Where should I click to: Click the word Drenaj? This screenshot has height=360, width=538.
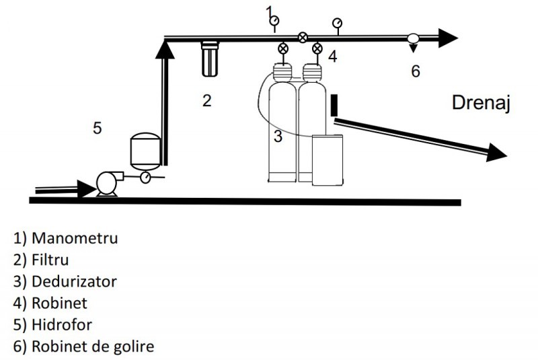tap(482, 104)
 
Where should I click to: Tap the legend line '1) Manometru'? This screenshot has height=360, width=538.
tap(67, 238)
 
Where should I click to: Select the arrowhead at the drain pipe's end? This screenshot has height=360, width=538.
tap(494, 153)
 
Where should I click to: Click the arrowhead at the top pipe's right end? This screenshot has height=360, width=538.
tap(447, 38)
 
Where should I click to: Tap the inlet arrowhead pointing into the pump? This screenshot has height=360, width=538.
tap(86, 188)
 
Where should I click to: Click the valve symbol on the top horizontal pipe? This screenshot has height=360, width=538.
tap(303, 38)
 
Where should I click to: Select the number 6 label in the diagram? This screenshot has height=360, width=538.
tap(415, 71)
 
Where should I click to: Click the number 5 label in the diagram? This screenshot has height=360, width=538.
tap(98, 128)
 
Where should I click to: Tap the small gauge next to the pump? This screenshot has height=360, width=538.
tap(145, 177)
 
